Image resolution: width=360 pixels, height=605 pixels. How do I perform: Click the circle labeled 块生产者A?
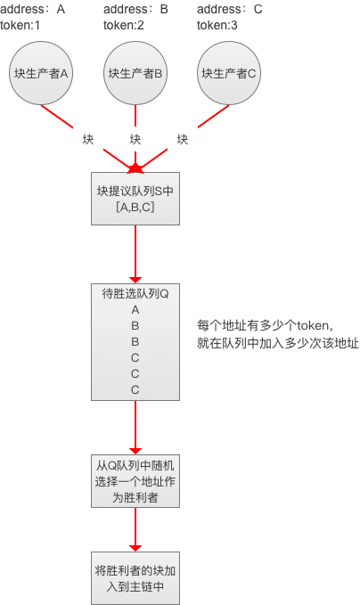coord(41,73)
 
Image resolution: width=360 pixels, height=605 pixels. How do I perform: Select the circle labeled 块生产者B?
coord(135,73)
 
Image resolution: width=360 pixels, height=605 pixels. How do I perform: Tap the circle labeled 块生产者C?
coord(229,73)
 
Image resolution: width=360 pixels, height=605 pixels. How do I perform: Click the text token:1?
coord(20,26)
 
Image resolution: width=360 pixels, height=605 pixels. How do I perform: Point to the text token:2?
coord(124,26)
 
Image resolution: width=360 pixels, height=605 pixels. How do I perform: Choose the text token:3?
coord(217,26)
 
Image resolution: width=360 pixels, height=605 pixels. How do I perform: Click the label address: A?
coord(33,9)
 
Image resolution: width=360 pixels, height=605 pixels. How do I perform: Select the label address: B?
coord(135,9)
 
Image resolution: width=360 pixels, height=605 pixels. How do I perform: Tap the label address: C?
coord(230,9)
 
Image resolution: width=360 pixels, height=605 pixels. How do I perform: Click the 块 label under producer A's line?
coord(88,139)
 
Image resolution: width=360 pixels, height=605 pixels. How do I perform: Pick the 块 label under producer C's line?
coord(183,139)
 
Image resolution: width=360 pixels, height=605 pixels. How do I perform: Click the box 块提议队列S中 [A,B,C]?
coord(135,199)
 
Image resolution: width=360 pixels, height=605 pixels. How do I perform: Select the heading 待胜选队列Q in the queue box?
coord(135,294)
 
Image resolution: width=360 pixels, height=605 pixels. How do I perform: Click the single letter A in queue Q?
coord(135,310)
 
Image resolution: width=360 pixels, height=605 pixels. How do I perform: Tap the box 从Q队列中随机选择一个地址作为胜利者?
coord(135,481)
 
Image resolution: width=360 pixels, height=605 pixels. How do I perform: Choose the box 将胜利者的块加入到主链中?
coord(135,578)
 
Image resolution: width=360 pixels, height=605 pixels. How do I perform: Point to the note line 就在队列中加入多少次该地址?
coord(278,343)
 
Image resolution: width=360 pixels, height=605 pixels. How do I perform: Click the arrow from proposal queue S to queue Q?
coord(135,254)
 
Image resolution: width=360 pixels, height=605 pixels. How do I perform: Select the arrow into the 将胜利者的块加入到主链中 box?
coord(135,530)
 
